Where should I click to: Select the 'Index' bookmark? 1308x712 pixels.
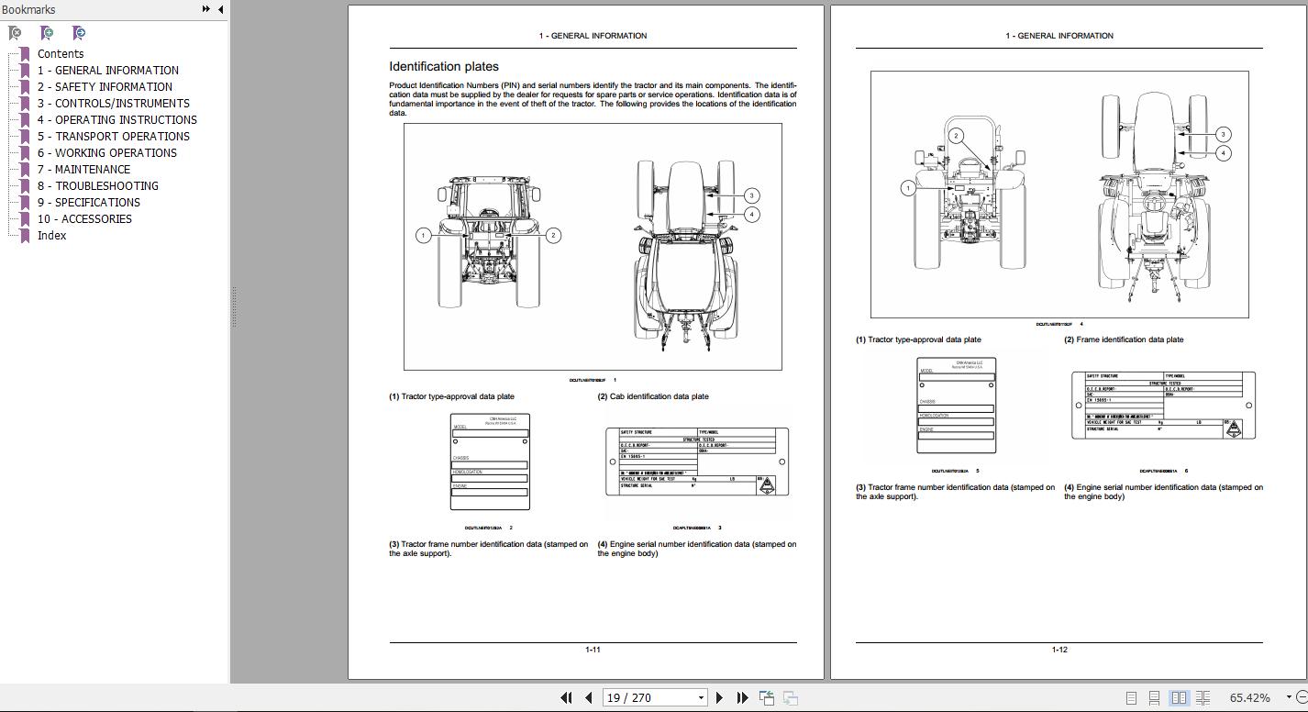51,236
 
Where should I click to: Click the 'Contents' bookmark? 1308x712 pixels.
61,54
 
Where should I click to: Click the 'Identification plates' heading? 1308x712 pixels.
444,67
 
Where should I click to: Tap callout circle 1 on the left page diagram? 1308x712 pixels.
423,236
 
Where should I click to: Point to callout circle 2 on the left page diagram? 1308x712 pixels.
552,236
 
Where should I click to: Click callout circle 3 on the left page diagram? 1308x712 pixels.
751,195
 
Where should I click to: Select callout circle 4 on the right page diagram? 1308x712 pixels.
1223,153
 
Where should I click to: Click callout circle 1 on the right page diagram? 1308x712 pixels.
907,188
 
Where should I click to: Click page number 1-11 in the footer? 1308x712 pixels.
593,650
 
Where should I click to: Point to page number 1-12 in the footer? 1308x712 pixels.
1059,650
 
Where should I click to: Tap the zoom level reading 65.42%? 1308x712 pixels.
1249,698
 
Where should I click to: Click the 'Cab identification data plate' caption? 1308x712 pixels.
659,396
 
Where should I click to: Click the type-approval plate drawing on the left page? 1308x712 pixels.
490,462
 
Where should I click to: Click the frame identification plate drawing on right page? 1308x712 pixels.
1163,405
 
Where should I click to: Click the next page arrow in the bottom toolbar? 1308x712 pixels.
720,698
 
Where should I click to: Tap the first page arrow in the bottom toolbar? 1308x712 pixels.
566,698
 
